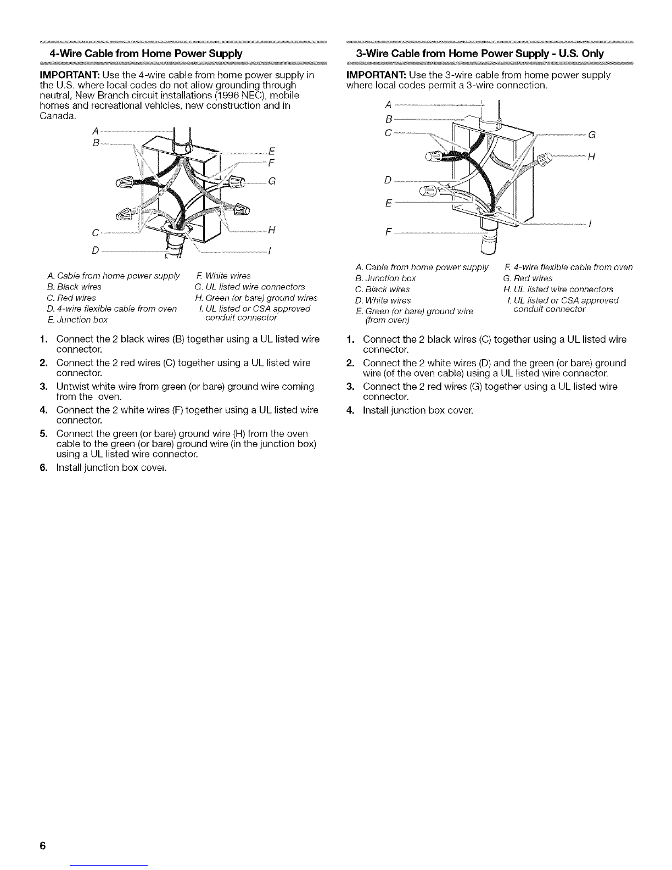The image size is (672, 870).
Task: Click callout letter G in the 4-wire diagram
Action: pyautogui.click(x=271, y=182)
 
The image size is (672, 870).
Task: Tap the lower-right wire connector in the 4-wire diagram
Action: pyautogui.click(x=241, y=210)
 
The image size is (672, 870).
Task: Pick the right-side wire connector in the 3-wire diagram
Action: pyautogui.click(x=544, y=160)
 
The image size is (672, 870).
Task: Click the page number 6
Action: pyautogui.click(x=41, y=846)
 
